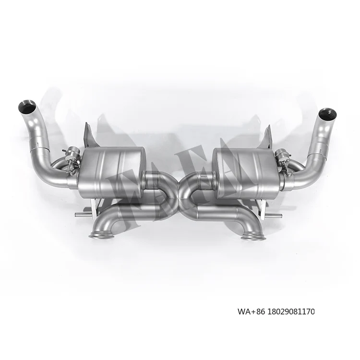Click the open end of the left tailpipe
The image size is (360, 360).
coord(27,106)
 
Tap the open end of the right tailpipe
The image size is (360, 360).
coord(327,114)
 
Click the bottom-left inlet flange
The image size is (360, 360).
coord(101,235)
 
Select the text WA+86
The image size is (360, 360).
coord(248,312)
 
